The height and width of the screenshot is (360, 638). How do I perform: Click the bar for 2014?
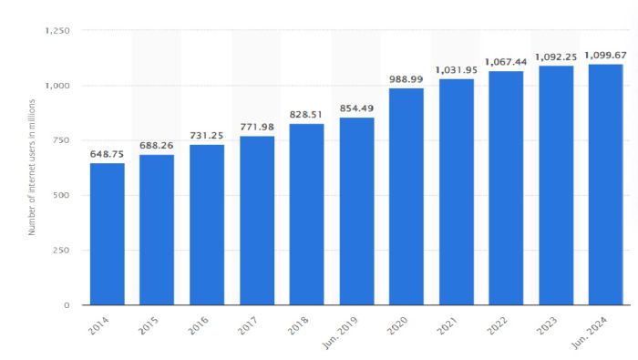(107, 233)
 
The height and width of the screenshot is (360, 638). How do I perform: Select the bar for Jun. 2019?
(356, 211)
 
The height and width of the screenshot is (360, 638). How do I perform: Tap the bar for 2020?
(406, 196)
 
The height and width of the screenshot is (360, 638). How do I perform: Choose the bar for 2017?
(256, 221)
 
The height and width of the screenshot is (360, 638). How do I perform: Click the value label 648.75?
(107, 154)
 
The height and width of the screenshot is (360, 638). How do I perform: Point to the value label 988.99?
(406, 79)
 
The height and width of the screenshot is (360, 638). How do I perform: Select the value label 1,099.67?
(605, 55)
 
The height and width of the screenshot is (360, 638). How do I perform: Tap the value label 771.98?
(256, 127)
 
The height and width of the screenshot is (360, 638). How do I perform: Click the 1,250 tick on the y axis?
(57, 31)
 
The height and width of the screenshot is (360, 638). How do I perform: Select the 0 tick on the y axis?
(67, 305)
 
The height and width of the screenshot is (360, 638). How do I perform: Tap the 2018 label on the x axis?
(300, 324)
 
